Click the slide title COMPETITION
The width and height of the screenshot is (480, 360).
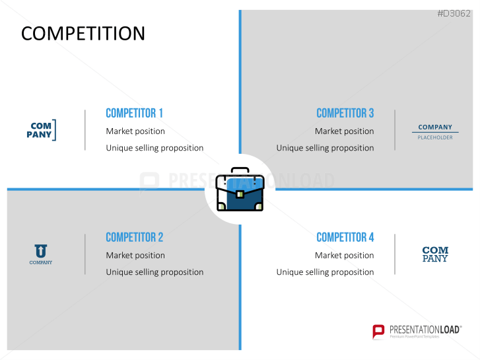point(83,33)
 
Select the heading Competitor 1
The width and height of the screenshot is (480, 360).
point(134,113)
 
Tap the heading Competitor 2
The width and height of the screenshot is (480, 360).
point(135,237)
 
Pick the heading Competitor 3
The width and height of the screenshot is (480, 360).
point(345,113)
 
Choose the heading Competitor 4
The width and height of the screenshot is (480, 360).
point(345,237)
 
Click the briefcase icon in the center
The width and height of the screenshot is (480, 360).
point(240,190)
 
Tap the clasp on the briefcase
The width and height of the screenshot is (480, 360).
point(240,194)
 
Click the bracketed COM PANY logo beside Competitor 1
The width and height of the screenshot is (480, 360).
point(42,130)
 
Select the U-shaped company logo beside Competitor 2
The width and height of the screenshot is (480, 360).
point(41,254)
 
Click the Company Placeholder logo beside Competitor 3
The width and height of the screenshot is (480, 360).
point(435,132)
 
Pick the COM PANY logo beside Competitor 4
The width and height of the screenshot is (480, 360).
point(435,254)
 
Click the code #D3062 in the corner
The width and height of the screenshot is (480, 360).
point(454,13)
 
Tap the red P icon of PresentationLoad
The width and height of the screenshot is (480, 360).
point(378,332)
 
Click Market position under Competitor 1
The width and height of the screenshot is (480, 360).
point(135,131)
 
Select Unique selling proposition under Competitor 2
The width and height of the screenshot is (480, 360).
point(154,272)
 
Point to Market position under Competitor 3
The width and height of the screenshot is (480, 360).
point(345,131)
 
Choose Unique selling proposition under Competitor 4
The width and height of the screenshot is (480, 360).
point(325,272)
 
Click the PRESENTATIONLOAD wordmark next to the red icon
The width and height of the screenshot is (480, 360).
point(425,330)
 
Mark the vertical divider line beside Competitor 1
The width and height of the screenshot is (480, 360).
point(85,130)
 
